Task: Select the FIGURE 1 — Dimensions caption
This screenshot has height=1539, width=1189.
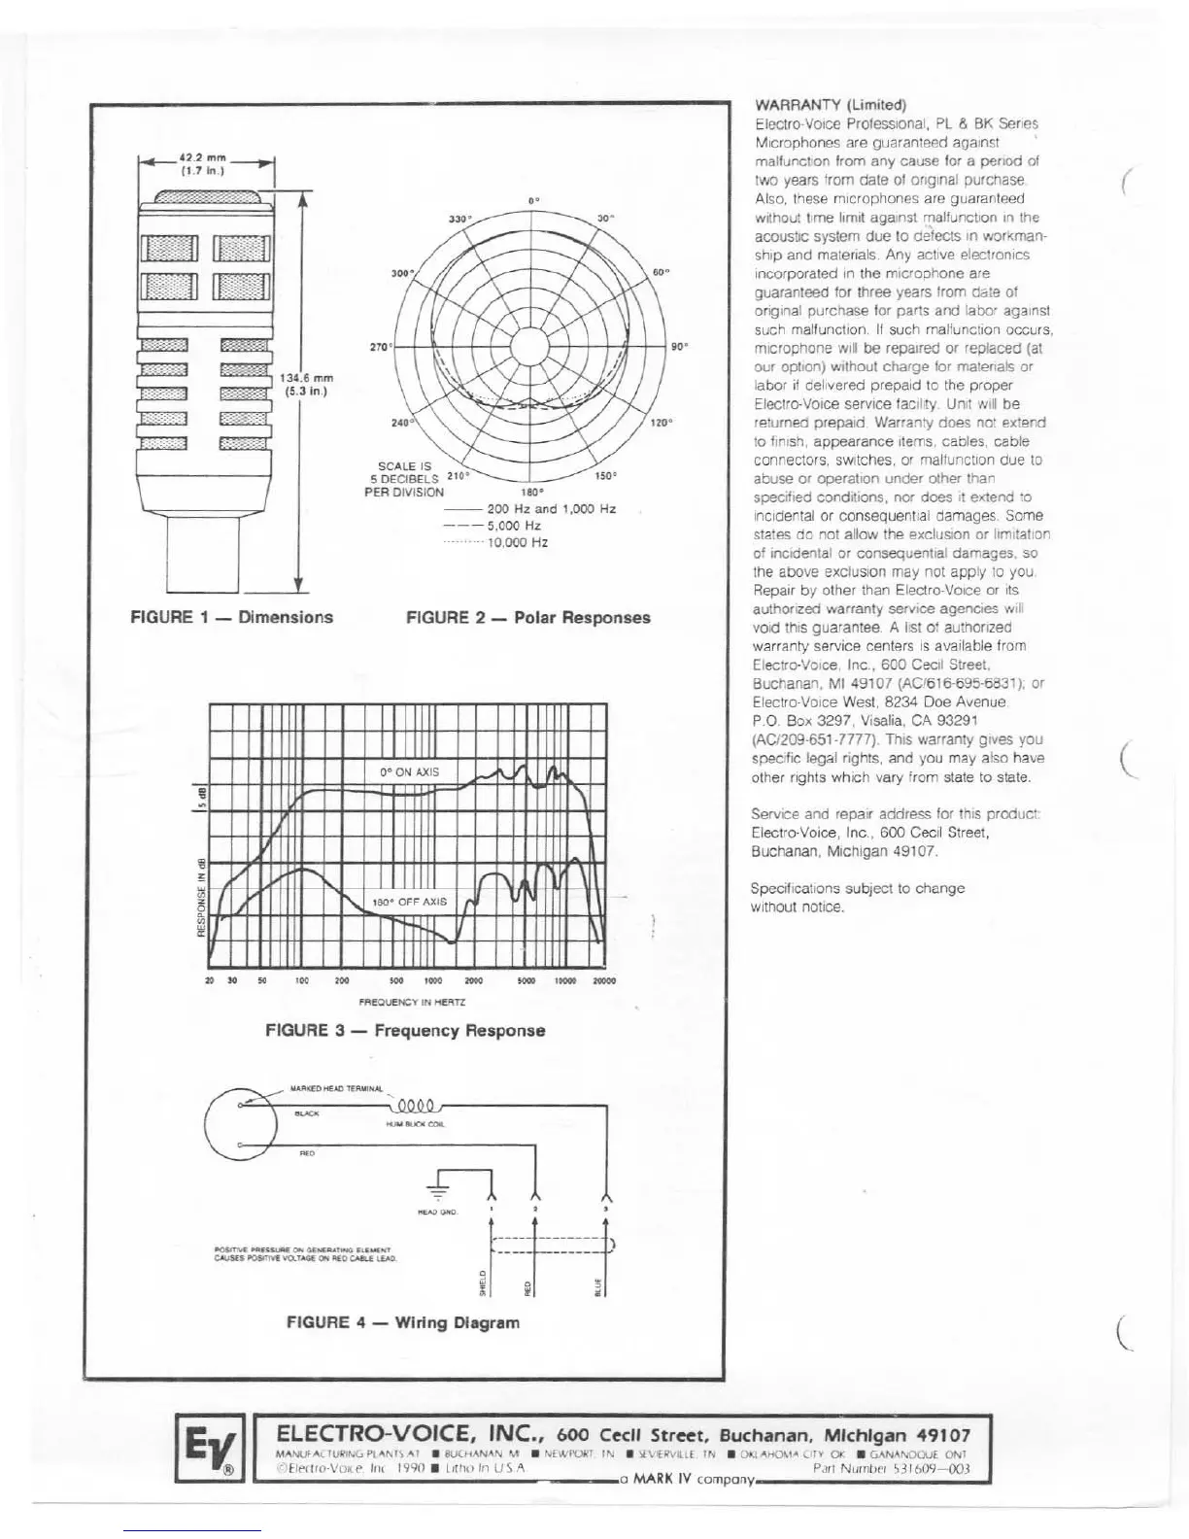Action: click(231, 617)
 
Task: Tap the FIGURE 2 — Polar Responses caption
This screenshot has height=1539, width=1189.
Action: click(527, 617)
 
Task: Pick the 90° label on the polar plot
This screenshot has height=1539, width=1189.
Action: click(679, 346)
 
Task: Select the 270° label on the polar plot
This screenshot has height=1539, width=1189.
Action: click(379, 346)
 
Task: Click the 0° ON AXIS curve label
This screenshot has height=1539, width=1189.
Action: click(409, 772)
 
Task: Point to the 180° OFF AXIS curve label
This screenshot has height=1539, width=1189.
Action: click(410, 902)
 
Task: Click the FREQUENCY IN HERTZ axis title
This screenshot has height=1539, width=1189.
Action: click(412, 1002)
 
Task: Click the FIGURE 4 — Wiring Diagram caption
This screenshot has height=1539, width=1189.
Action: click(402, 1322)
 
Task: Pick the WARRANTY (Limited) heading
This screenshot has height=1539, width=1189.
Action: click(830, 105)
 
